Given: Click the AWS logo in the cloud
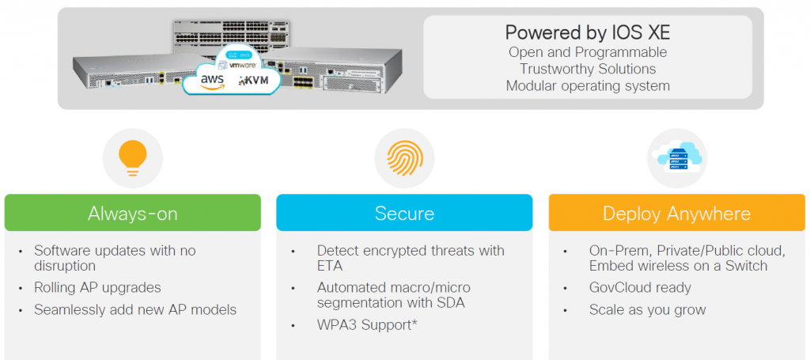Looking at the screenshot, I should (x=213, y=81).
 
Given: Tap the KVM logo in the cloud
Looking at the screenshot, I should (x=256, y=81).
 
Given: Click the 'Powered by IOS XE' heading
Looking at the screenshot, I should (x=587, y=33).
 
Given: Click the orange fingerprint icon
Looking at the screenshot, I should (x=404, y=157).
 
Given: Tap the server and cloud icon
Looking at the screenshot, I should (x=676, y=157).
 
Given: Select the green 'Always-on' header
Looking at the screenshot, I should (x=133, y=213).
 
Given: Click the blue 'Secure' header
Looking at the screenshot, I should (x=404, y=213).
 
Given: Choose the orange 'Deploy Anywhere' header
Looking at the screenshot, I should (x=676, y=213).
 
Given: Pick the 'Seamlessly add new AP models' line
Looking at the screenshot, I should (x=135, y=309).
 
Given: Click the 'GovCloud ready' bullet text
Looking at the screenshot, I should (x=640, y=288).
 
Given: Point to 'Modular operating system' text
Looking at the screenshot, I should (x=587, y=85).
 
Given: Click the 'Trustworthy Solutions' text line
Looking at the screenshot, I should (x=587, y=69).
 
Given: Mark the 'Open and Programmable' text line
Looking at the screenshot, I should (x=587, y=52).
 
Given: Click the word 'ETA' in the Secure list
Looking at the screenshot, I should (x=331, y=267).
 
